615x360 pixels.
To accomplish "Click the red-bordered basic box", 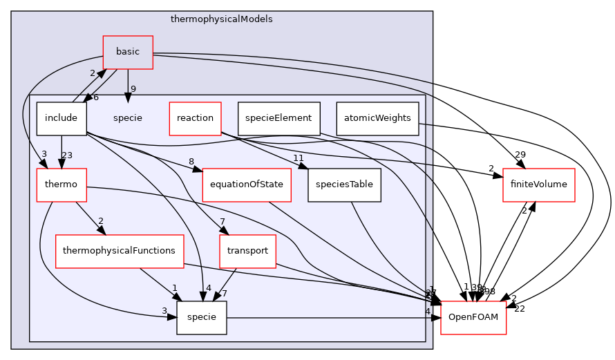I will click(x=128, y=52).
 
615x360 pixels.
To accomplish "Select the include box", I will click(x=61, y=118).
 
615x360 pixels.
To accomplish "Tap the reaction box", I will click(x=195, y=118).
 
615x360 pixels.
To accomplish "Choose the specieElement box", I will click(x=278, y=118).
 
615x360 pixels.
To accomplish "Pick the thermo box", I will click(x=61, y=184).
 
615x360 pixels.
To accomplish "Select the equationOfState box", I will click(x=247, y=184).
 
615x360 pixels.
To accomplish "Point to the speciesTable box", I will click(x=344, y=184).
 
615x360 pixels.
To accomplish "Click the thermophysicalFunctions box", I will click(x=119, y=251).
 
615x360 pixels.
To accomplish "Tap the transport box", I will click(x=247, y=251).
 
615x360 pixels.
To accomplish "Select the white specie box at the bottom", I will click(x=202, y=317).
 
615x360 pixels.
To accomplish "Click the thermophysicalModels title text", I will click(x=221, y=19).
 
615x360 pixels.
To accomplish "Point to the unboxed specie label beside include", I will click(x=127, y=118).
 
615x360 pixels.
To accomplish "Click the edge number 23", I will click(x=67, y=155).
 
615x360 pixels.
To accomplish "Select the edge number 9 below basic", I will click(x=133, y=88).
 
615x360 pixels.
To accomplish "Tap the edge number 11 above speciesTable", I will click(x=299, y=158).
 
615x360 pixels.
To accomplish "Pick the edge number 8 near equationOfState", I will click(x=191, y=162).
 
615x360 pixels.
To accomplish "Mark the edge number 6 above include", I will click(x=95, y=97).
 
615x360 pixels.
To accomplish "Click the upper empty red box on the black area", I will click(x=538, y=185).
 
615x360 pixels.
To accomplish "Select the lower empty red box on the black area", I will click(x=473, y=318).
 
